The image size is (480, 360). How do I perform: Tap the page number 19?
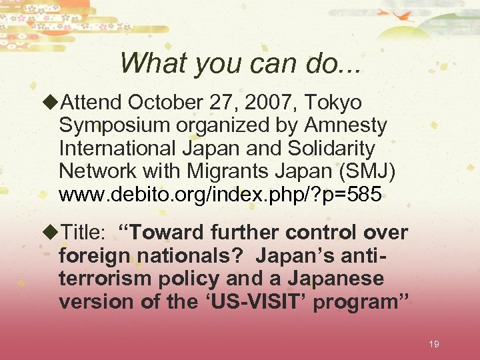433,344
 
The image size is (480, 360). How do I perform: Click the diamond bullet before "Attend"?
51,103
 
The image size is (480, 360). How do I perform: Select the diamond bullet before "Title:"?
51,233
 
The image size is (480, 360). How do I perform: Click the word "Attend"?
91,103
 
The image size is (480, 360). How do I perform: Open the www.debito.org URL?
220,195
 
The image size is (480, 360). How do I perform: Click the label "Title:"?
85,233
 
